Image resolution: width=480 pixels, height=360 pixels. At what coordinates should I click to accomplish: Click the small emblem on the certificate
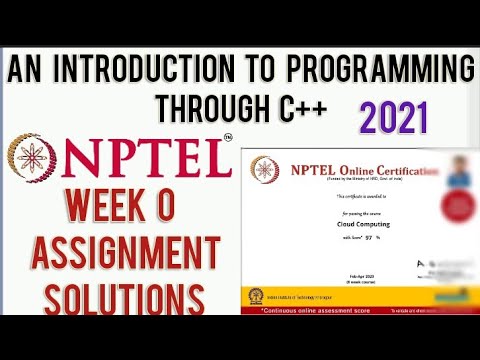(265, 170)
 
